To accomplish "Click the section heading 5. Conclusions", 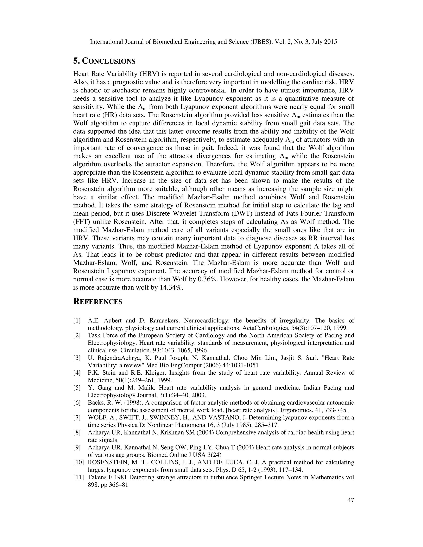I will click(104, 61).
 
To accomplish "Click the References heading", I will click(98, 302).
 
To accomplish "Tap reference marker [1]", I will click(77, 321).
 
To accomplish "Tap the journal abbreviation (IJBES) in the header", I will click(260, 42).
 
